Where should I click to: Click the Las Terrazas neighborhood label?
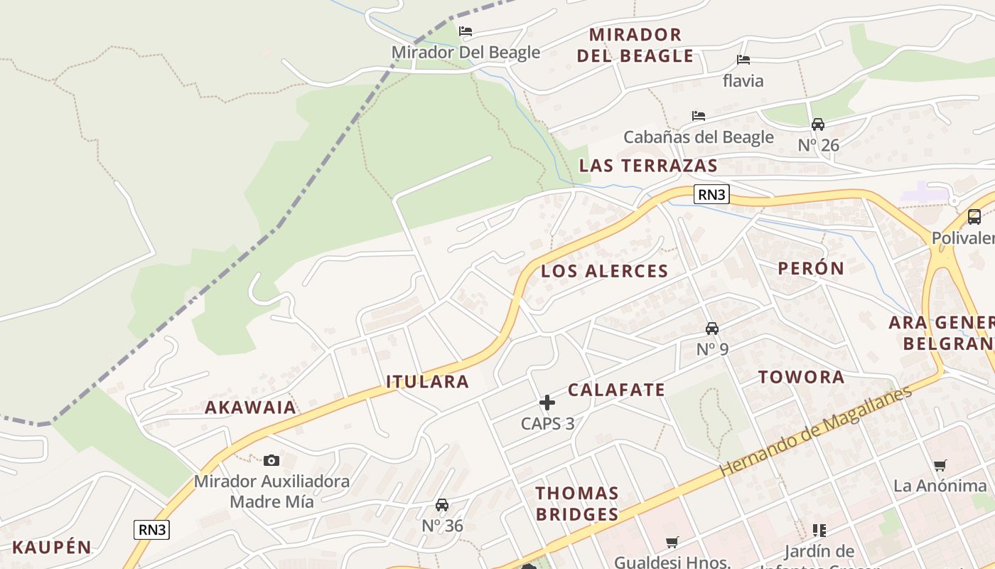point(647,166)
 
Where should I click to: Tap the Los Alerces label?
point(604,271)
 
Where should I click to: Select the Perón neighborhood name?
point(810,268)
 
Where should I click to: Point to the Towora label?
point(801,377)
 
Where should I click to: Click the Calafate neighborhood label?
point(616,390)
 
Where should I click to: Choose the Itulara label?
point(427,382)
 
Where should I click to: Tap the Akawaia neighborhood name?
point(250,408)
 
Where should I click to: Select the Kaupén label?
point(52,548)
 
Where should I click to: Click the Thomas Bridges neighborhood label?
point(576,504)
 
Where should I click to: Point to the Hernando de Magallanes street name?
point(815,432)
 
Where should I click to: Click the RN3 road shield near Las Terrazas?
point(711,194)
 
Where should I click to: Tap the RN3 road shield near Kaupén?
point(151,529)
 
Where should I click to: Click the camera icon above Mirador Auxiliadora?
point(271,461)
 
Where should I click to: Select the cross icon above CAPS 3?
point(547,403)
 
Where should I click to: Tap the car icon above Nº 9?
point(712,329)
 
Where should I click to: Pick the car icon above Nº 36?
point(442,505)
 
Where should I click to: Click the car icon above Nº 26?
point(818,124)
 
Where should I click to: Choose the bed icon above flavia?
point(743,60)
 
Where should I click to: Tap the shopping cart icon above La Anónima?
point(940,466)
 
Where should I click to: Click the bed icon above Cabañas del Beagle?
point(699,116)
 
